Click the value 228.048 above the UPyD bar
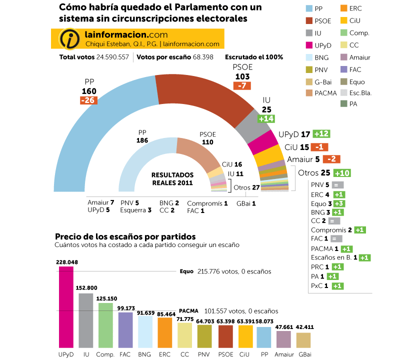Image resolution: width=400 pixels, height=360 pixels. [66, 261]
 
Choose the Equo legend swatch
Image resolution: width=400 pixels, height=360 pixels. [342, 81]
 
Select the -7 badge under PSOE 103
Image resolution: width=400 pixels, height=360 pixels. [242, 85]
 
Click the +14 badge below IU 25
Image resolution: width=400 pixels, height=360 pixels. [266, 118]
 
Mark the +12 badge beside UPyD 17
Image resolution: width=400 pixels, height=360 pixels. [322, 134]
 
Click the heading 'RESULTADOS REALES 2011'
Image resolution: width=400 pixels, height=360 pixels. [172, 178]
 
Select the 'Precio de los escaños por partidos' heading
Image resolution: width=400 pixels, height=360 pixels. [125, 236]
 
